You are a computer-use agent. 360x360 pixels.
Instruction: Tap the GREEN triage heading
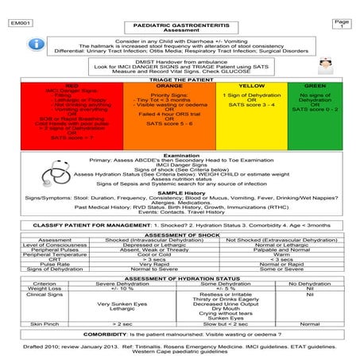315,84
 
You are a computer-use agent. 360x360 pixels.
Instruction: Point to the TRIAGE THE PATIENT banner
180,78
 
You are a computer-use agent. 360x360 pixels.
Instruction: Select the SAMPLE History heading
180,193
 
